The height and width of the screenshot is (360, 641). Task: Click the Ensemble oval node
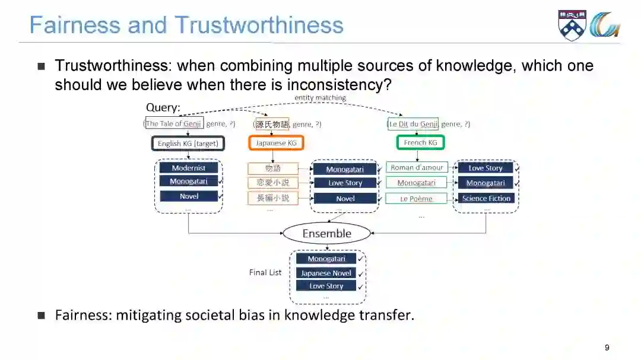tap(326, 233)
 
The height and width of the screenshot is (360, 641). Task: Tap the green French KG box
tap(420, 143)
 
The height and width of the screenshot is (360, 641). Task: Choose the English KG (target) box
tap(188, 144)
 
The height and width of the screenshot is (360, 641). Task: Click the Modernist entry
tap(189, 168)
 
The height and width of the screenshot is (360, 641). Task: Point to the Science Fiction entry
tap(485, 199)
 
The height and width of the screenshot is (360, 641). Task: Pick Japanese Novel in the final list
tap(326, 273)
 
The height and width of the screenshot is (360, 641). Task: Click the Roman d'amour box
tap(417, 168)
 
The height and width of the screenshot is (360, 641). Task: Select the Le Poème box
tap(417, 199)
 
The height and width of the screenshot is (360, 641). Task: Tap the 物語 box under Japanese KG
tap(273, 168)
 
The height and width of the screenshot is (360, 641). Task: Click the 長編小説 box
tap(273, 199)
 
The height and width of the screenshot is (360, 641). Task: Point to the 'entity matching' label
tap(320, 97)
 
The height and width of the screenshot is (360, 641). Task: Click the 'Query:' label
tap(163, 108)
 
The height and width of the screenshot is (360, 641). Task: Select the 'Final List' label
tap(265, 273)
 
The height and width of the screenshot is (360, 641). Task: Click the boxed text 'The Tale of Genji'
tap(174, 124)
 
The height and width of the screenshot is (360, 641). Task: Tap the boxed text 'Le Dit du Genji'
tap(413, 124)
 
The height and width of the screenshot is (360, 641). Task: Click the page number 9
tap(607, 348)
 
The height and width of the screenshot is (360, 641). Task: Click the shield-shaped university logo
tap(572, 25)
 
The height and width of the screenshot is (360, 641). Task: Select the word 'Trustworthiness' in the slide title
tap(259, 25)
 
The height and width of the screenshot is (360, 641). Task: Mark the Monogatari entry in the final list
tap(326, 259)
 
